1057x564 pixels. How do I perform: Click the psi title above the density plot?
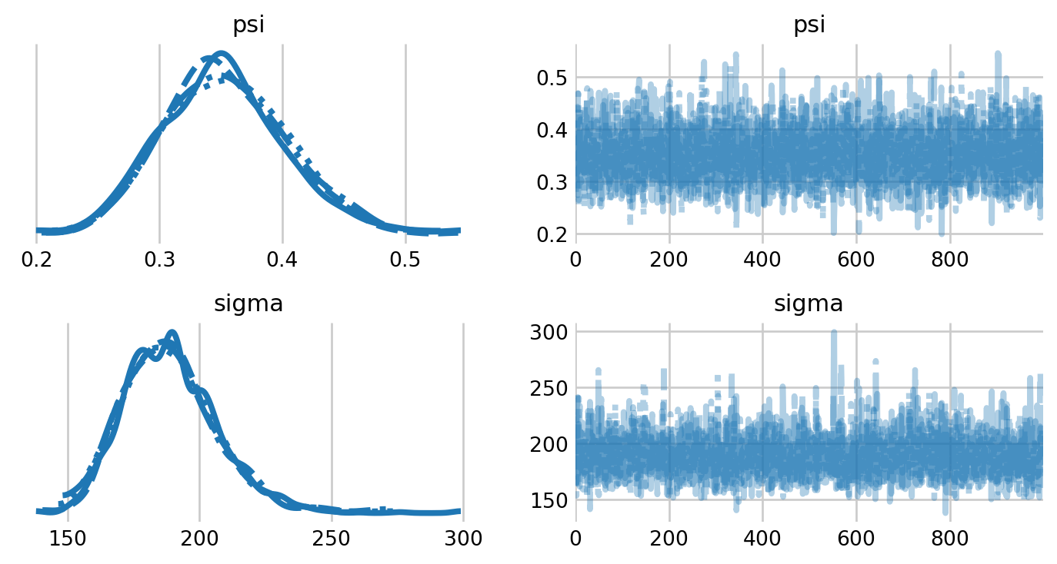tap(248, 25)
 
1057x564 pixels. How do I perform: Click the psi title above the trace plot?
tap(809, 25)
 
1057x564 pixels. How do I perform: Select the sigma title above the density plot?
tap(248, 304)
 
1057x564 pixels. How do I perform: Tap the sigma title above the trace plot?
tap(809, 304)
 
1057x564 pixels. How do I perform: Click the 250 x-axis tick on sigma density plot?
tap(332, 539)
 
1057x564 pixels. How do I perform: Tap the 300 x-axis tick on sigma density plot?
tap(463, 539)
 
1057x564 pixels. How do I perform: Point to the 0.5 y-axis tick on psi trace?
tap(551, 78)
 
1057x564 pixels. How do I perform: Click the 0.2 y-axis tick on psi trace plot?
tap(551, 234)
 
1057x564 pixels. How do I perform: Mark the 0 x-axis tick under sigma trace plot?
tap(576, 539)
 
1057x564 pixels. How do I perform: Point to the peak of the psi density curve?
tap(222, 54)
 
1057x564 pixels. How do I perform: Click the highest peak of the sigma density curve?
tap(171, 333)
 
